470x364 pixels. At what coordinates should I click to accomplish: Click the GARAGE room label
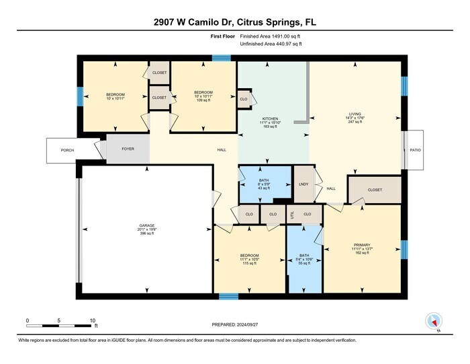(147, 225)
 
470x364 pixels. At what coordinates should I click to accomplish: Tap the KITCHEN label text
(271, 118)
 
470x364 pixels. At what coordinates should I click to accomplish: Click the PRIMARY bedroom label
(361, 245)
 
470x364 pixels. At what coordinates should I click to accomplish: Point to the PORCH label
(66, 150)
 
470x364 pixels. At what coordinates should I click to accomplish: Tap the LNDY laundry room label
(303, 184)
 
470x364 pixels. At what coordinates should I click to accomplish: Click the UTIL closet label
(292, 214)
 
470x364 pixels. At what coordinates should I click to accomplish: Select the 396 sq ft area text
(147, 234)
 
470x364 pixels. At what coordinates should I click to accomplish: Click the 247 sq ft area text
(355, 123)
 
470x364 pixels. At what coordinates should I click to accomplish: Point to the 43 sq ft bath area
(264, 189)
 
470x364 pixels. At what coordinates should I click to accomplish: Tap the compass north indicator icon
(433, 322)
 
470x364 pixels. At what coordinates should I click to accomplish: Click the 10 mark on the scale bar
(93, 320)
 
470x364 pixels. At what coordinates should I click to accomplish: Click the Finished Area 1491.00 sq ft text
(271, 36)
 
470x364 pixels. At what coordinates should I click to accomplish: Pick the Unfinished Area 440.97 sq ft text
(271, 44)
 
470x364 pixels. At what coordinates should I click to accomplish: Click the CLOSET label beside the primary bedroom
(375, 190)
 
